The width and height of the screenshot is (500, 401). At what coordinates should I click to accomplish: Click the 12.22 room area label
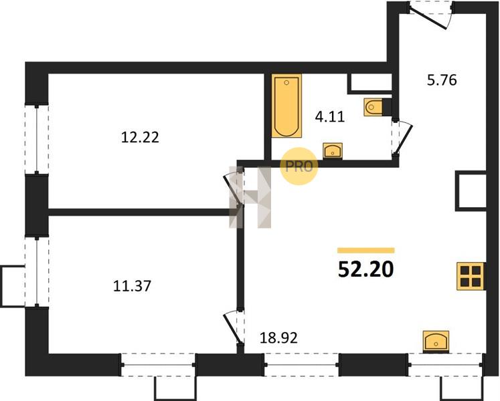[140, 138]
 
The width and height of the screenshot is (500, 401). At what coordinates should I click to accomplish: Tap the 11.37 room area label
[132, 285]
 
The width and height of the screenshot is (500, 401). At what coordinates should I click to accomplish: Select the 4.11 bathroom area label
[330, 117]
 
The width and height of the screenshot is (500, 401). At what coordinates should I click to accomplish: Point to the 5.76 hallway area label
[442, 80]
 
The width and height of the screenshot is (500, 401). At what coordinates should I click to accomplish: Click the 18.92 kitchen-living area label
[278, 338]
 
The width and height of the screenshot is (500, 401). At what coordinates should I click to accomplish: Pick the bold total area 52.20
[366, 269]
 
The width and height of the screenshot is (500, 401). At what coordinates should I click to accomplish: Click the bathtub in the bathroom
[286, 106]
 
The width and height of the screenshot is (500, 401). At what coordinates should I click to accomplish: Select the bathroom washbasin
[333, 150]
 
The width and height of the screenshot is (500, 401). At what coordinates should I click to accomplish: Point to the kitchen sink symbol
[436, 342]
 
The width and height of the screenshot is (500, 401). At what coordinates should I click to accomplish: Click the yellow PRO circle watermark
[299, 166]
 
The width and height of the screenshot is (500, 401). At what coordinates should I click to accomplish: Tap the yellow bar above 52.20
[366, 251]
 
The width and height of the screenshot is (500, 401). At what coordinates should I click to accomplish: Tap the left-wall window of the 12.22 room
[37, 139]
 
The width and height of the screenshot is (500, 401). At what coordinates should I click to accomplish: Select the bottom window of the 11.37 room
[158, 365]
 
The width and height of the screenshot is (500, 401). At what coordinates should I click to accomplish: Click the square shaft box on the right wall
[471, 190]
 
